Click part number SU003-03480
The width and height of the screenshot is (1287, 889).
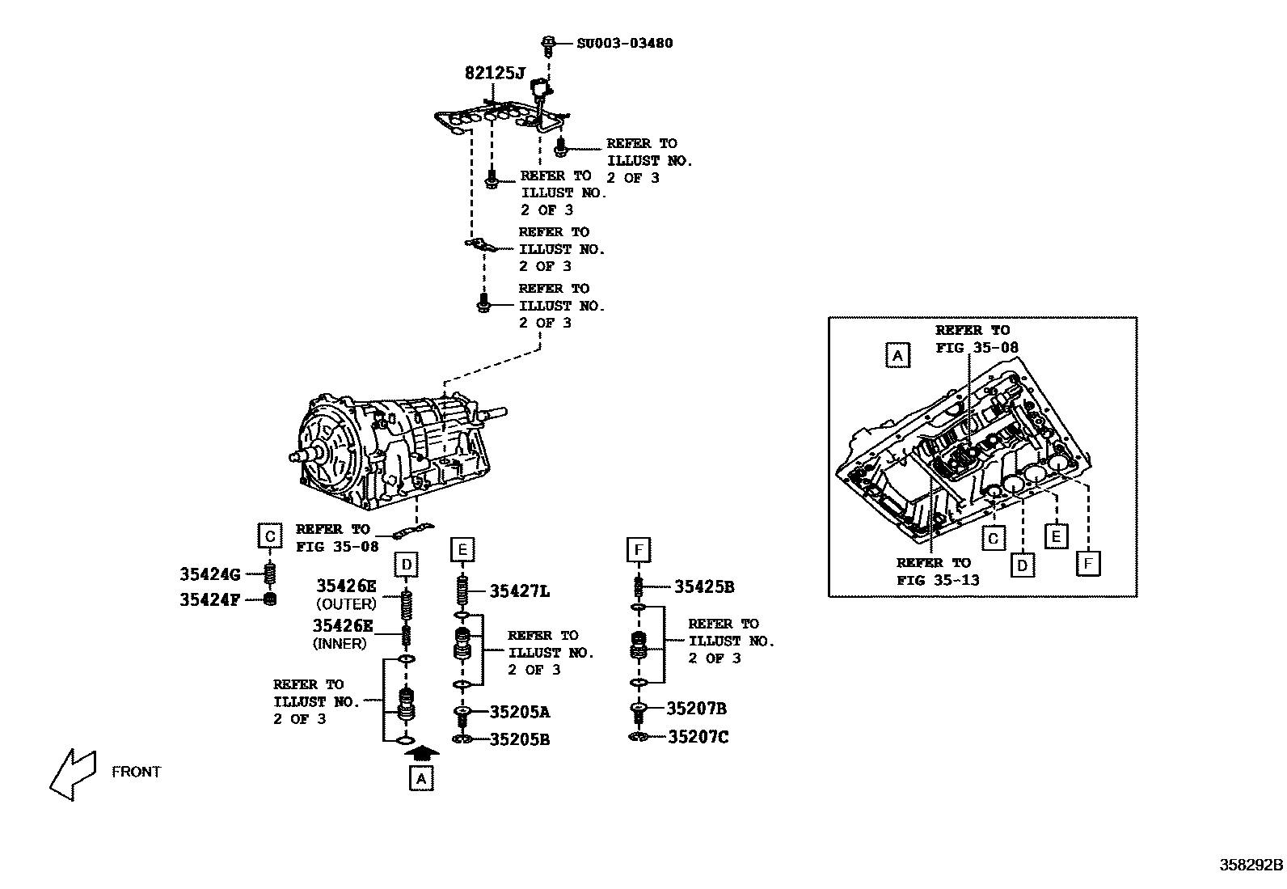624,43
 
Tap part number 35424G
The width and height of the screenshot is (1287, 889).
210,575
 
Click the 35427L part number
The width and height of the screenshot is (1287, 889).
519,591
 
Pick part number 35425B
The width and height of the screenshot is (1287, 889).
704,587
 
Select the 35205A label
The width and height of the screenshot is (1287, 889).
519,712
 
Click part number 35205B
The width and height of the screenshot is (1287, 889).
519,739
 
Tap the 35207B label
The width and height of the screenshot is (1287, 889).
696,709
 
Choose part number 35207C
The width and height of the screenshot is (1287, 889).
698,737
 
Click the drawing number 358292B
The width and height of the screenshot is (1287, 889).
1251,864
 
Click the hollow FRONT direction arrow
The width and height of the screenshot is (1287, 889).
73,774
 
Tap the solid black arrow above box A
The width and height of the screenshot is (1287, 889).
421,752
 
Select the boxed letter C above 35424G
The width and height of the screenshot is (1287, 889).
270,536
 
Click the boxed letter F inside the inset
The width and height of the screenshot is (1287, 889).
1088,562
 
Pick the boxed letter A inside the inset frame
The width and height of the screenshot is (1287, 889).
897,355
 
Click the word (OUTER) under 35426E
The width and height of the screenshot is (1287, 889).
346,604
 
